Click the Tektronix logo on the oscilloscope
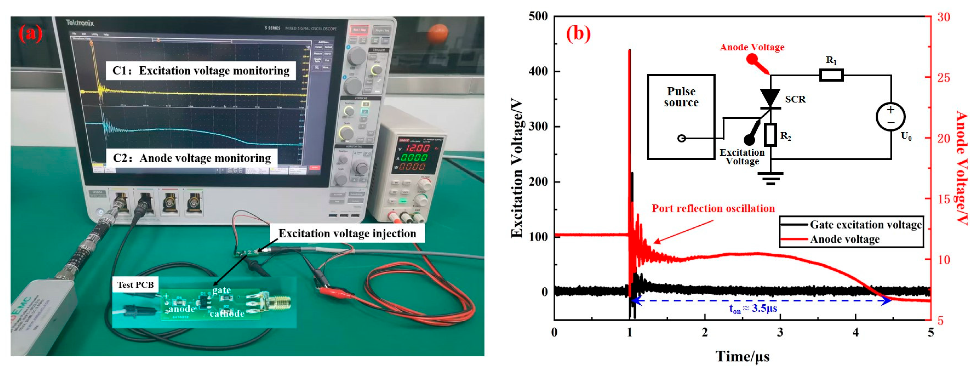point(80,23)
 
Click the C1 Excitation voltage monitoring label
point(201,71)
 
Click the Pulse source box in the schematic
point(681,116)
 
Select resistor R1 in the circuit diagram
point(831,75)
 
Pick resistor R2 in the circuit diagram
point(770,135)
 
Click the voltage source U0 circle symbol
point(890,116)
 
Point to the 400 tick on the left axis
point(538,71)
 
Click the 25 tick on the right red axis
point(944,78)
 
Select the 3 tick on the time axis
point(780,332)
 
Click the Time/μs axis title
point(742,356)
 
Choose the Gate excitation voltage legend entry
point(866,225)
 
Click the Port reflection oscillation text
point(713,208)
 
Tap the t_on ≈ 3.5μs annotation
point(753,309)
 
